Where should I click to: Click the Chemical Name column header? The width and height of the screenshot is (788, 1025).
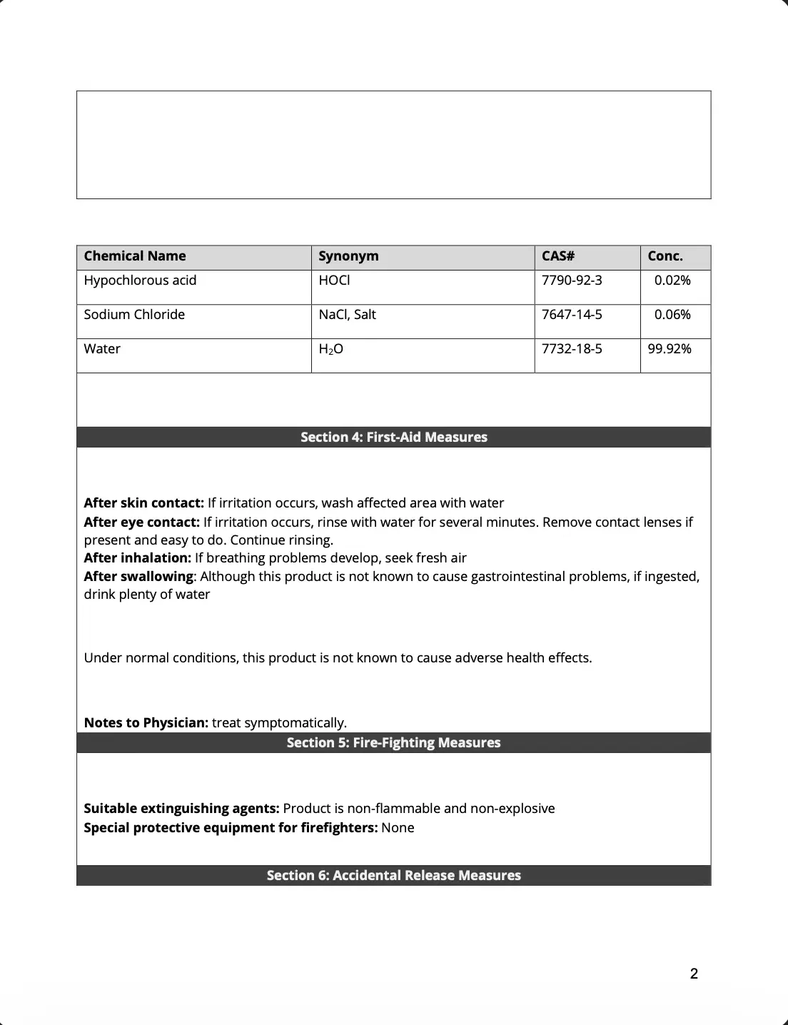coord(135,256)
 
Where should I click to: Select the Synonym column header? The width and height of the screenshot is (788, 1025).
coord(348,256)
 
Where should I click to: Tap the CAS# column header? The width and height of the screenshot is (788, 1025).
coord(558,256)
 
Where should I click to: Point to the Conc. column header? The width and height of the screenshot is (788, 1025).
coord(665,256)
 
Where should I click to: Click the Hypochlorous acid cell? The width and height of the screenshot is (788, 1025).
coord(140,281)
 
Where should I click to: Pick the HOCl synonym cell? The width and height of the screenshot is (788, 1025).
coord(334,281)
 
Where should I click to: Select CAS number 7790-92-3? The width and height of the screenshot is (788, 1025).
coord(572,281)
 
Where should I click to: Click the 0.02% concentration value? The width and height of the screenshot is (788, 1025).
coord(672,281)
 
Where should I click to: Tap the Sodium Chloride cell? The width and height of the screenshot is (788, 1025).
coord(134,315)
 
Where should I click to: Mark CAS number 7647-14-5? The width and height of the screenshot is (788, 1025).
coord(572,315)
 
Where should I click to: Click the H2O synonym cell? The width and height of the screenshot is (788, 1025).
coord(330,349)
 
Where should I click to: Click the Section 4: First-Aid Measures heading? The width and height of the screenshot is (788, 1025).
coord(394,438)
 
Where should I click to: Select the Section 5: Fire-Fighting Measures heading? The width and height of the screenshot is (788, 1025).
coord(394,743)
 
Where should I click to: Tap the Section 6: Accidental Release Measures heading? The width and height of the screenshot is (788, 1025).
coord(394,876)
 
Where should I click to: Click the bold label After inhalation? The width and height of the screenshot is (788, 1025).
coord(138,558)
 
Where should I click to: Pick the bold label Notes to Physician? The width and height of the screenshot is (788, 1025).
coord(146,723)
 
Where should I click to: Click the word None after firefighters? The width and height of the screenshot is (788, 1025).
coord(398,828)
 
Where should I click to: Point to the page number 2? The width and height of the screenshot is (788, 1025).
coord(694,974)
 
